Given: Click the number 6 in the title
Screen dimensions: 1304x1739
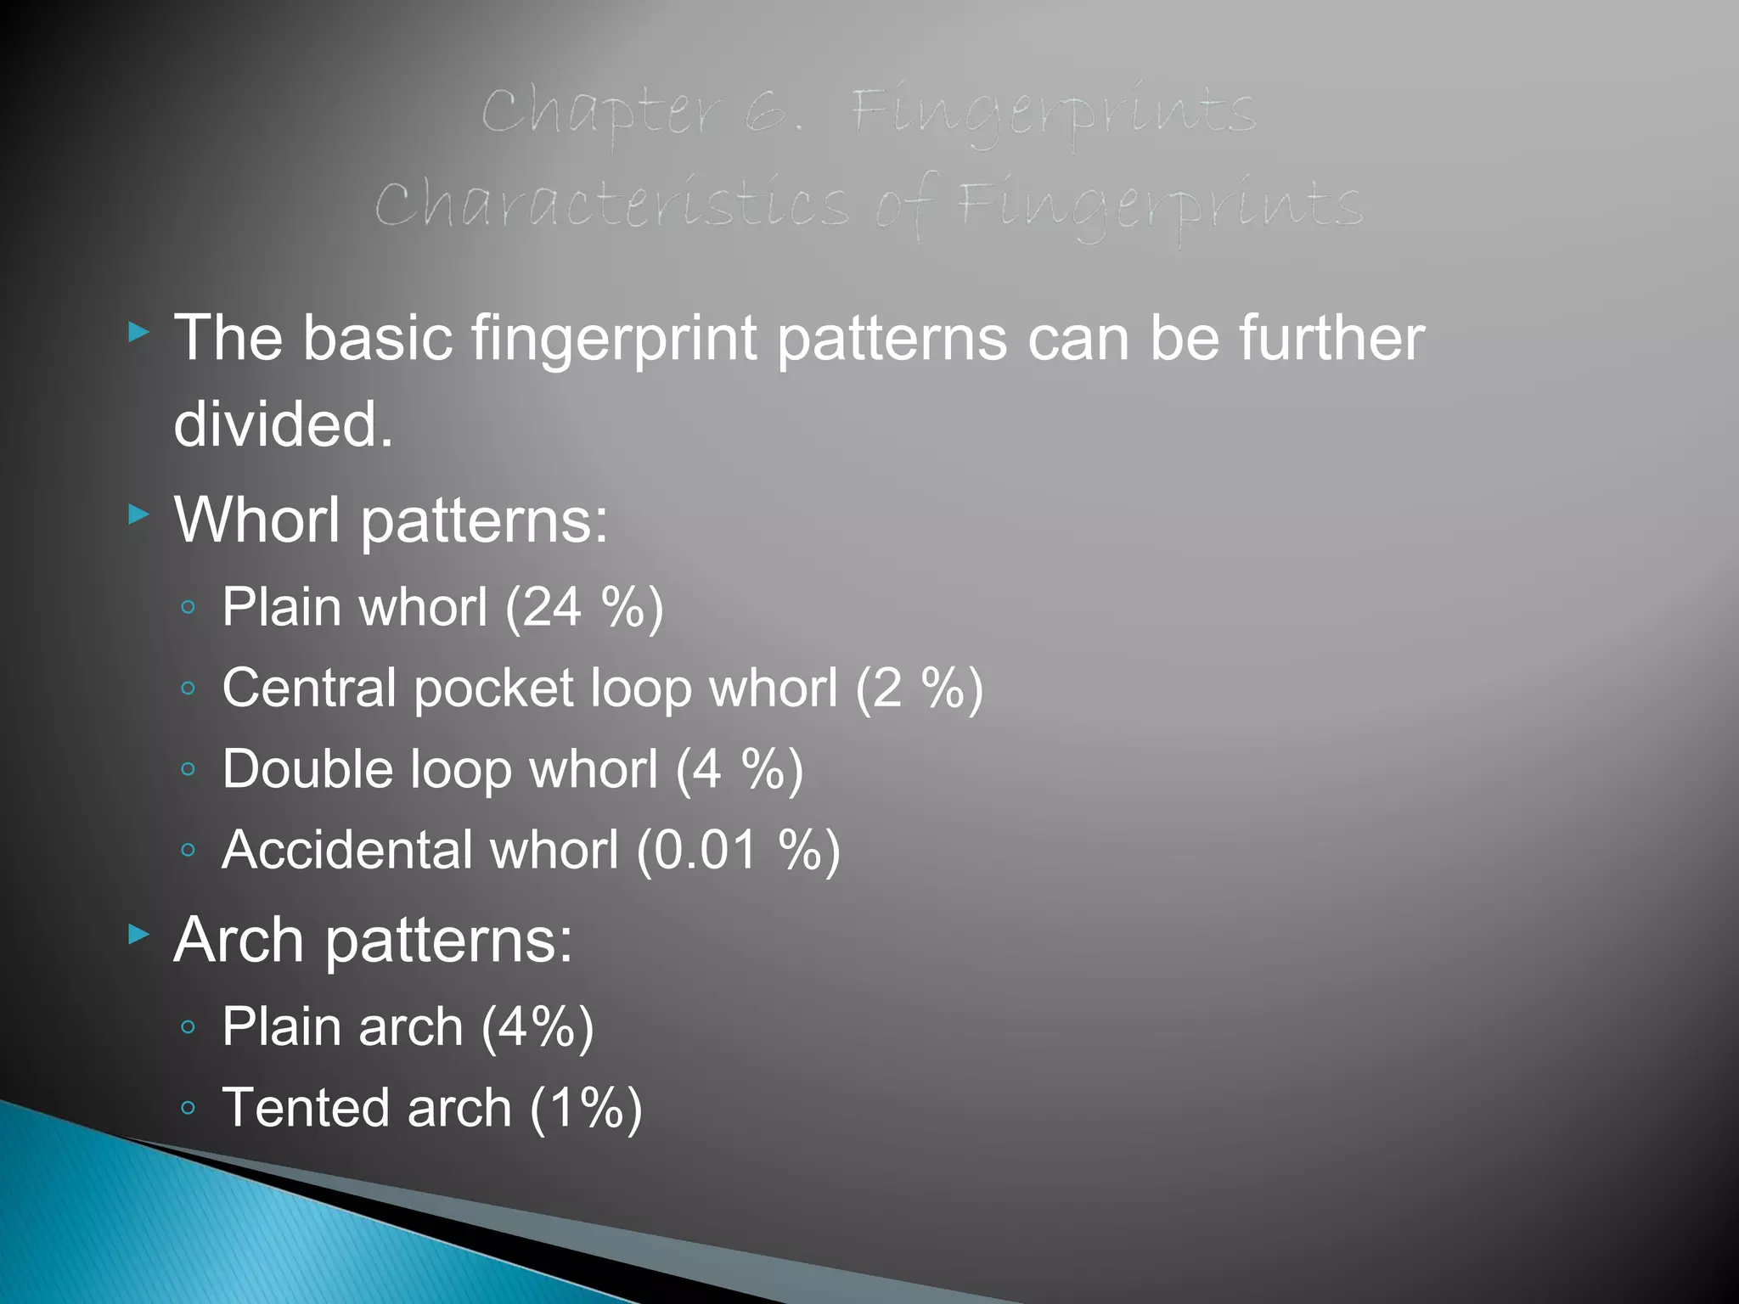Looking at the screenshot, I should click(768, 115).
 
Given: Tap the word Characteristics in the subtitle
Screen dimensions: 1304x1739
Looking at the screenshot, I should click(611, 206).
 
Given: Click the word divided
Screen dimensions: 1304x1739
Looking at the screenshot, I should click(284, 424).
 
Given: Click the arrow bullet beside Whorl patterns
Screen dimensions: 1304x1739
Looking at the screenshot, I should click(138, 514).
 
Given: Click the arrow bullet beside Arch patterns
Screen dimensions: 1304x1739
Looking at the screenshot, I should click(138, 935).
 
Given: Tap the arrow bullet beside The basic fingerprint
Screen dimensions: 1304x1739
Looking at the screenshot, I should click(138, 332).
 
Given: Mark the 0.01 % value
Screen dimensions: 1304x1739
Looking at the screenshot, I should click(739, 850).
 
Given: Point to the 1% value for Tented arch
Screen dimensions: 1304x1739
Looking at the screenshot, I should click(586, 1108).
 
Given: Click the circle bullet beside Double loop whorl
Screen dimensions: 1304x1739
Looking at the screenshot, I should click(189, 770).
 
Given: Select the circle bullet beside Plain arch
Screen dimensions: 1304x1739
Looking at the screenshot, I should click(189, 1028).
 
